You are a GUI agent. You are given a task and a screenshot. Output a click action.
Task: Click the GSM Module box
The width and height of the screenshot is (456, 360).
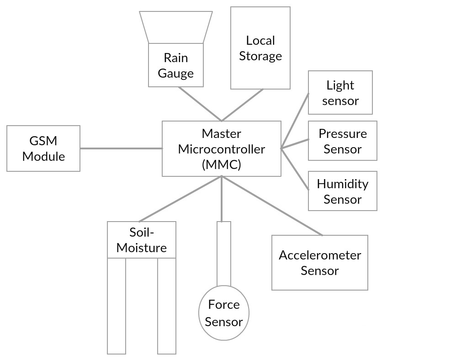(43, 148)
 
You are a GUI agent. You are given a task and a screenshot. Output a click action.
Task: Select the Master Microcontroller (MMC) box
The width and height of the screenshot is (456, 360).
(222, 148)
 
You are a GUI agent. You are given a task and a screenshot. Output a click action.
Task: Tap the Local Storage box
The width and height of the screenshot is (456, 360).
(260, 48)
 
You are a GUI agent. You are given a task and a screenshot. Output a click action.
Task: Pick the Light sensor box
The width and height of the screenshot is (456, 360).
(340, 93)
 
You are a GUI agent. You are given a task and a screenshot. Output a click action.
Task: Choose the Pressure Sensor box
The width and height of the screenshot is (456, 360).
(343, 141)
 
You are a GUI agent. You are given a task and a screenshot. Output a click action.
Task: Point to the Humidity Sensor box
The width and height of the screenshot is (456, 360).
(343, 191)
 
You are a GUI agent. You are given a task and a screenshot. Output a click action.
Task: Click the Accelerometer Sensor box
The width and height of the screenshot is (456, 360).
(320, 263)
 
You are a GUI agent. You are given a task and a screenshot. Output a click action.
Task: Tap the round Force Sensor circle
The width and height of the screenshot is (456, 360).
(224, 313)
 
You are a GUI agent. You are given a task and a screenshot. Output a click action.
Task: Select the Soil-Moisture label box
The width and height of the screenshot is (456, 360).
(142, 240)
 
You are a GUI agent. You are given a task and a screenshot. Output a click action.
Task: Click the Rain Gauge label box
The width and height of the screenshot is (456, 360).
(176, 65)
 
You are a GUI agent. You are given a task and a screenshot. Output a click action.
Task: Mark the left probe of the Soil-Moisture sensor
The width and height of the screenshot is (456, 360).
(117, 306)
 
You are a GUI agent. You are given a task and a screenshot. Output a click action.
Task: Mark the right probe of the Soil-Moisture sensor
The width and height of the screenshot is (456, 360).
(167, 306)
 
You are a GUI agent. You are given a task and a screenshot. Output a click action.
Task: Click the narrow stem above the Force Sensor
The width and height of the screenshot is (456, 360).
(224, 254)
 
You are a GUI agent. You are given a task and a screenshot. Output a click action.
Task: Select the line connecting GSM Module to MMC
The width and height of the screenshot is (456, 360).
(121, 148)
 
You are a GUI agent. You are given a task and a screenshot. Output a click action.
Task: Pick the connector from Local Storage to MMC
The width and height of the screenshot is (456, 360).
(242, 105)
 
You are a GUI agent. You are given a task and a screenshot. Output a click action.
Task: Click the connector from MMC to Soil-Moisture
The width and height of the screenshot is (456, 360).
(180, 199)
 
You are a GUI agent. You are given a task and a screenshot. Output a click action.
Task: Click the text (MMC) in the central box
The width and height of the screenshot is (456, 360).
(222, 164)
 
